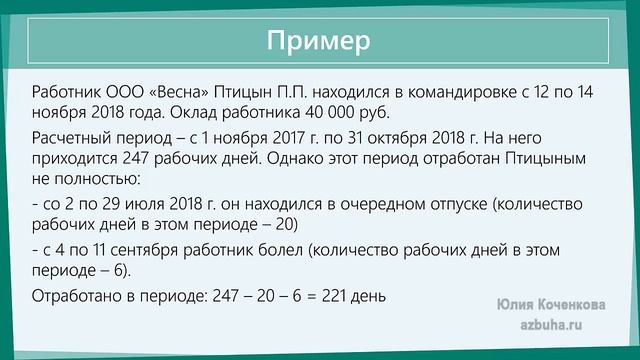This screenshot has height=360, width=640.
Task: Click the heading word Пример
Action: click(319, 41)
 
